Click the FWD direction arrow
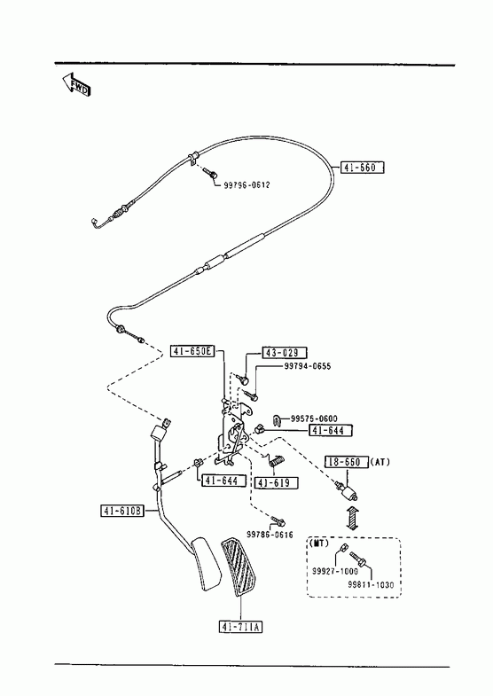point(76,83)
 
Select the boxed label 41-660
point(362,168)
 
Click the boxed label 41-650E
point(192,351)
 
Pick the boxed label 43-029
point(285,353)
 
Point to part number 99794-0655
point(307,366)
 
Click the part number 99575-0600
point(314,418)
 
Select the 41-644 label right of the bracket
point(331,430)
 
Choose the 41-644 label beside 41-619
point(224,481)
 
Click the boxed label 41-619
point(276,483)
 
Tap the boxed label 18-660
point(347,462)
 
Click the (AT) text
point(380,462)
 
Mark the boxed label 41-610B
point(122,511)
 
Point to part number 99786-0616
point(270,536)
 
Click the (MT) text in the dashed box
point(318,544)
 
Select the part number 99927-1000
point(334,571)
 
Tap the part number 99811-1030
point(371,584)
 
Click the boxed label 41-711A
point(241,627)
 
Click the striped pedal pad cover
point(239,567)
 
